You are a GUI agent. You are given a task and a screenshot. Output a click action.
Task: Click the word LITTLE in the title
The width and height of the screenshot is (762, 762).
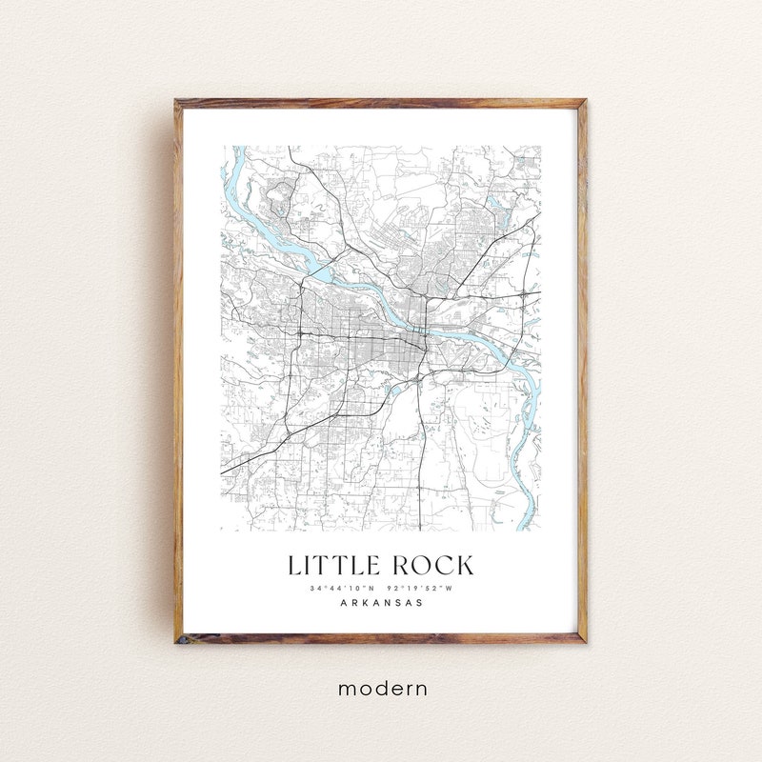(x=333, y=565)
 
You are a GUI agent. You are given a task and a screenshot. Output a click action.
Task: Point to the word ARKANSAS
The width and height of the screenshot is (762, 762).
(x=381, y=603)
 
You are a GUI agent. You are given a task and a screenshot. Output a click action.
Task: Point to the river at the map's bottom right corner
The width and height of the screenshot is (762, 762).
(x=527, y=519)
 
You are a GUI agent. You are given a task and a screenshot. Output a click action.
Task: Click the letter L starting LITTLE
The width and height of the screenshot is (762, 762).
(x=295, y=565)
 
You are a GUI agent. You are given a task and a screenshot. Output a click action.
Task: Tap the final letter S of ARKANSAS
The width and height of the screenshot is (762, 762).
(x=420, y=603)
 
